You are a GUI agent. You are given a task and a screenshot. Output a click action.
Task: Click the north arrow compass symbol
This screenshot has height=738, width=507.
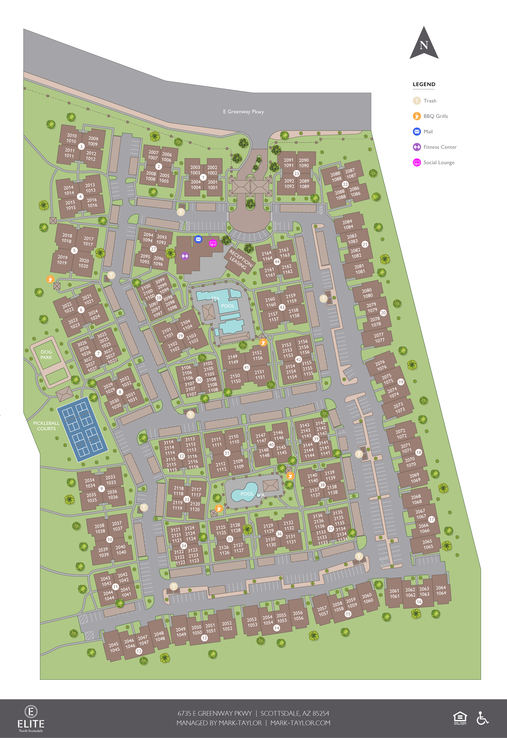click(424, 44)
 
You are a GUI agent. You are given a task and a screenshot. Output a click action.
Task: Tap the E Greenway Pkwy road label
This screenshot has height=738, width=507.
click(243, 112)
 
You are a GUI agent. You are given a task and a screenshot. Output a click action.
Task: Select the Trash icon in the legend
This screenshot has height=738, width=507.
click(417, 101)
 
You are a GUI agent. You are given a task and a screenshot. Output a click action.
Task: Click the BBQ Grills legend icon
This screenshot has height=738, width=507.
click(417, 116)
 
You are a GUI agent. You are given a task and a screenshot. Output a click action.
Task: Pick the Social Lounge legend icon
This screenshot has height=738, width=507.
click(417, 163)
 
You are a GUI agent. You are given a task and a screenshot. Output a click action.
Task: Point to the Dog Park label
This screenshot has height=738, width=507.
click(46, 355)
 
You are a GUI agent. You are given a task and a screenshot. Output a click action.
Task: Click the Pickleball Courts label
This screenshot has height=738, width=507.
click(46, 426)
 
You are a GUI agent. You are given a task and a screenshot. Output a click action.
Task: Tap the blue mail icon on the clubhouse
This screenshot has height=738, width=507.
click(198, 239)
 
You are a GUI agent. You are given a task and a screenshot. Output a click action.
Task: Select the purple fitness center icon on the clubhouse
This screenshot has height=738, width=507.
click(185, 256)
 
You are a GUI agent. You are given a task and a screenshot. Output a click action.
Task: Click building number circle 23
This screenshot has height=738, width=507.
click(296, 174)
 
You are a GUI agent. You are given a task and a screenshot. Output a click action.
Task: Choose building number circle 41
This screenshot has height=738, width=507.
click(247, 367)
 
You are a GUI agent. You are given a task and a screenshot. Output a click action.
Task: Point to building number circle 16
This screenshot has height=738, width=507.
click(419, 602)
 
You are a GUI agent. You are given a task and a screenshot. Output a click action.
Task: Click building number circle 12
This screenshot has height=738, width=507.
click(139, 651)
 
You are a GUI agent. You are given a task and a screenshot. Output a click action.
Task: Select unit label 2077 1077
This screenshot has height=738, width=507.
click(379, 338)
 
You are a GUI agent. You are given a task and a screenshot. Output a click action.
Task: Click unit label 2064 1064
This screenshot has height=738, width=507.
click(441, 590)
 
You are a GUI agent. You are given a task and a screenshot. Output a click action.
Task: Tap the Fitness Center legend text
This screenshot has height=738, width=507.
click(440, 147)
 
